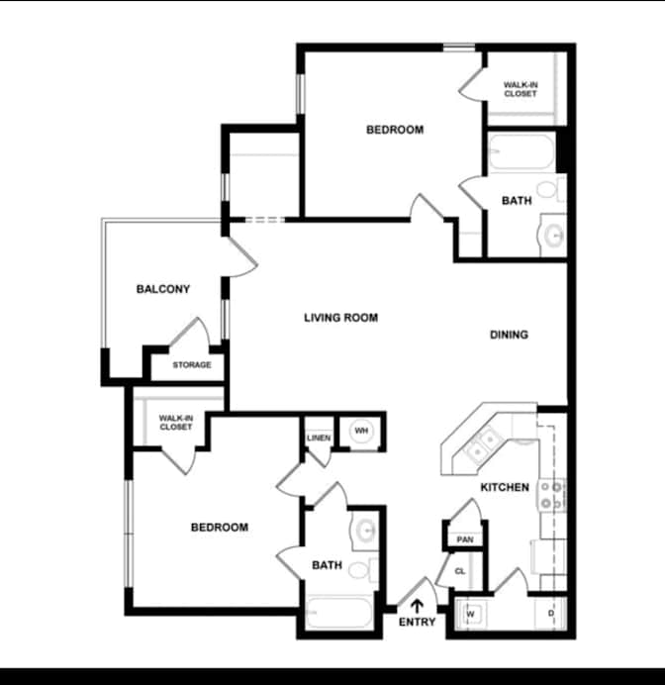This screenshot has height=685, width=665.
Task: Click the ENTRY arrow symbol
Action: (417, 606)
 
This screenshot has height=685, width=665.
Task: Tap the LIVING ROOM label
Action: (341, 318)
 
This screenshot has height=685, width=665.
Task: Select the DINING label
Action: (509, 335)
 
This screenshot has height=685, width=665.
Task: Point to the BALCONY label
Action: (163, 289)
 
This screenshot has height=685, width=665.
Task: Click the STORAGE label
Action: (192, 365)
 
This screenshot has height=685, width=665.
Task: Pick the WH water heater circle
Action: (361, 432)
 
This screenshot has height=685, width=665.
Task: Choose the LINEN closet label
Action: (319, 438)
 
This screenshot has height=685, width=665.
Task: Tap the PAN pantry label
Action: (465, 539)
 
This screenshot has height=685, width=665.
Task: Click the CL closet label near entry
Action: (460, 571)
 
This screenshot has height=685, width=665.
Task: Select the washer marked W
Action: (471, 614)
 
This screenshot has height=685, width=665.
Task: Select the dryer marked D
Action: (550, 614)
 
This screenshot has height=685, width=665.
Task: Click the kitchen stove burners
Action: (551, 495)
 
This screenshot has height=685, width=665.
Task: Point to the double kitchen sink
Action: (484, 444)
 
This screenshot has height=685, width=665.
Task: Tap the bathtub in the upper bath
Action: (522, 151)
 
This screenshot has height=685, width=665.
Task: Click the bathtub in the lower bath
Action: (339, 612)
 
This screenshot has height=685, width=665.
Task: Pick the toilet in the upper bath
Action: (551, 190)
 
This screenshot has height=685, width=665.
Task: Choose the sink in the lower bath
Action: (365, 531)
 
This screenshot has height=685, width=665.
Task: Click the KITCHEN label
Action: (505, 487)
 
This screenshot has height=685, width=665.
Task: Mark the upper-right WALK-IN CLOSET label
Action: (521, 89)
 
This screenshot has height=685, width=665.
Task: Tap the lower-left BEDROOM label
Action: (220, 528)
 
